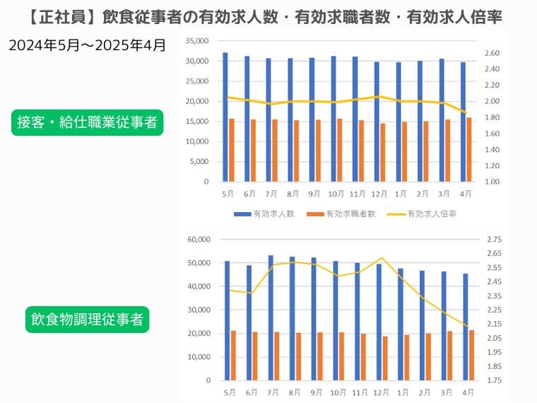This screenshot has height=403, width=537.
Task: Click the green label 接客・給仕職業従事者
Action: tap(87, 122)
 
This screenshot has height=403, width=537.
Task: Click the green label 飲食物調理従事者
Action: tap(87, 320)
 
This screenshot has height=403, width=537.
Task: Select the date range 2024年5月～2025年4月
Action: tap(88, 47)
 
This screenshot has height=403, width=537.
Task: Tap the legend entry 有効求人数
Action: tap(264, 214)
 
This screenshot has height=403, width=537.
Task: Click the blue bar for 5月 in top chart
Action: tap(225, 117)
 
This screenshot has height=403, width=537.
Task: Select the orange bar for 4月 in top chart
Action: tap(469, 149)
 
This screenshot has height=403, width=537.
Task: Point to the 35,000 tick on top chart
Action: tap(196, 41)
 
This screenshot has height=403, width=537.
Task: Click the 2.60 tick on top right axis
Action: tap(492, 54)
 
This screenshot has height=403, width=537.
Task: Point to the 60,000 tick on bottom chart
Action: tap(196, 240)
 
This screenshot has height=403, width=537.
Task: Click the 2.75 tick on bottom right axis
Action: tap(494, 240)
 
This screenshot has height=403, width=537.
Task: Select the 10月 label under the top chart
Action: tap(336, 194)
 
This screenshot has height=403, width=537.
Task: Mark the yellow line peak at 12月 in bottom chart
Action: tap(382, 258)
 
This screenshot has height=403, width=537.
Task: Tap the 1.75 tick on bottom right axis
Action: tap(494, 380)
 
